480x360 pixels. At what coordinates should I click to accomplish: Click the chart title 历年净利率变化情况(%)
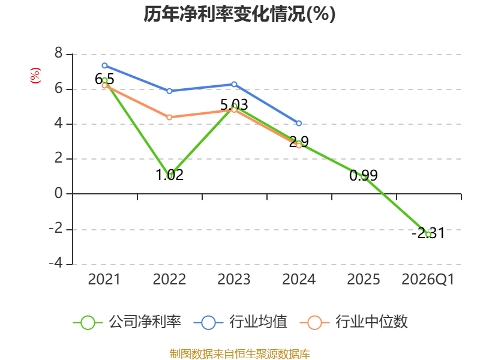tap(239, 14)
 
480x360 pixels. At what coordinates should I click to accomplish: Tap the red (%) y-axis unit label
tap(35, 76)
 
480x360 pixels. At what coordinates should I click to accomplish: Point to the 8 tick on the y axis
tap(58, 53)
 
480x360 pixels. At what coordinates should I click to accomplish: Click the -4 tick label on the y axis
tap(56, 263)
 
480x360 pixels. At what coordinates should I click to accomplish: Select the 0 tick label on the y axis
tap(58, 193)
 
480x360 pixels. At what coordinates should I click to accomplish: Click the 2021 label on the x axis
tap(104, 280)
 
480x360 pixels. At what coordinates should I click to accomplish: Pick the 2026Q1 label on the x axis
tap(428, 280)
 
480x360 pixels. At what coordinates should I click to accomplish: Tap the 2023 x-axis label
tap(234, 280)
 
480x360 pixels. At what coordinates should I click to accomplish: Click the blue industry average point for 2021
tap(104, 65)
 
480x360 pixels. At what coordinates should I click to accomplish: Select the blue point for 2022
tap(169, 91)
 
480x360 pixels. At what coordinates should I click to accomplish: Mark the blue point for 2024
tap(299, 124)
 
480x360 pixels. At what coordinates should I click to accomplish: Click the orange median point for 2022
tap(169, 117)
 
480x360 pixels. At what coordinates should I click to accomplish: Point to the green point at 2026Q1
tap(428, 235)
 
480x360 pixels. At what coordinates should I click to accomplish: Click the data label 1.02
tap(170, 175)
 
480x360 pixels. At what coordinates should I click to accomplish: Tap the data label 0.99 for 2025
tap(364, 175)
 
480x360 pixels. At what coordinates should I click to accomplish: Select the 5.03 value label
tap(234, 104)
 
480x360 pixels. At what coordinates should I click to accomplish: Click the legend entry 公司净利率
tap(127, 322)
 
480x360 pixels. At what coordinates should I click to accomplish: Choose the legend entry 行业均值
tap(241, 322)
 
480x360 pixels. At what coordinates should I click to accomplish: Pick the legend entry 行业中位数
tap(354, 322)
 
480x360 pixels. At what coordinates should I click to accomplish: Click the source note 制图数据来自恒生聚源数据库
tap(240, 354)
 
